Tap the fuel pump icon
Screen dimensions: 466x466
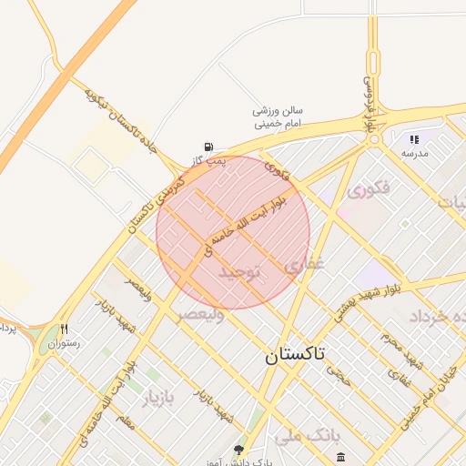(209, 147)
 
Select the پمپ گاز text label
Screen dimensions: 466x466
(208, 160)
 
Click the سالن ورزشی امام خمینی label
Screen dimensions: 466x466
(278, 116)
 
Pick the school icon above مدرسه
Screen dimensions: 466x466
(414, 139)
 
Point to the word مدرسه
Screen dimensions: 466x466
(414, 153)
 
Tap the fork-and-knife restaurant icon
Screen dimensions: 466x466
(64, 329)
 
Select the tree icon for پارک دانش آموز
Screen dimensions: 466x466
(238, 450)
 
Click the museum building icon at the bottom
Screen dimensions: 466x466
(340, 457)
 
